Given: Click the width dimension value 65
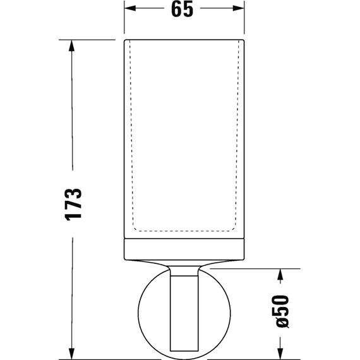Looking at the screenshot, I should (183, 9).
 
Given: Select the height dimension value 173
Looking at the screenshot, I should (74, 203).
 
